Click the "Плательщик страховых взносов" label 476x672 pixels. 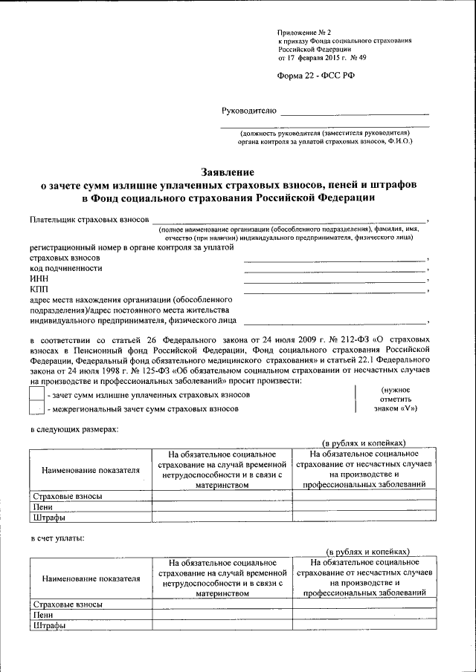89,220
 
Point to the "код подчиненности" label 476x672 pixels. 66,267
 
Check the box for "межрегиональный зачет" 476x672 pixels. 36,408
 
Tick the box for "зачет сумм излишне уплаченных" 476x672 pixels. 36,396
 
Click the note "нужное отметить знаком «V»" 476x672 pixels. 400,399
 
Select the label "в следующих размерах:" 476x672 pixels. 74,429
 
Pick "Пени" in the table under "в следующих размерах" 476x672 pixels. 42,507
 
